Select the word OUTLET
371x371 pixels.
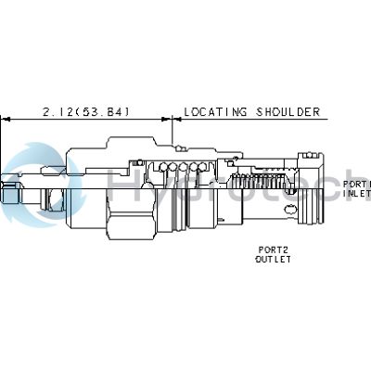(273, 260)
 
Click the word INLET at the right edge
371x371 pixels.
(357, 194)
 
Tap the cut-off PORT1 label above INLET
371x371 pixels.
(357, 184)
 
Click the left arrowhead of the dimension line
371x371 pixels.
(5, 119)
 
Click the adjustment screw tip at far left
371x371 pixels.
(7, 195)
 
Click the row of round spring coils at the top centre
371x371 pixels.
(183, 167)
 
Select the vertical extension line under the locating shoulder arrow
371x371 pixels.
(173, 133)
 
